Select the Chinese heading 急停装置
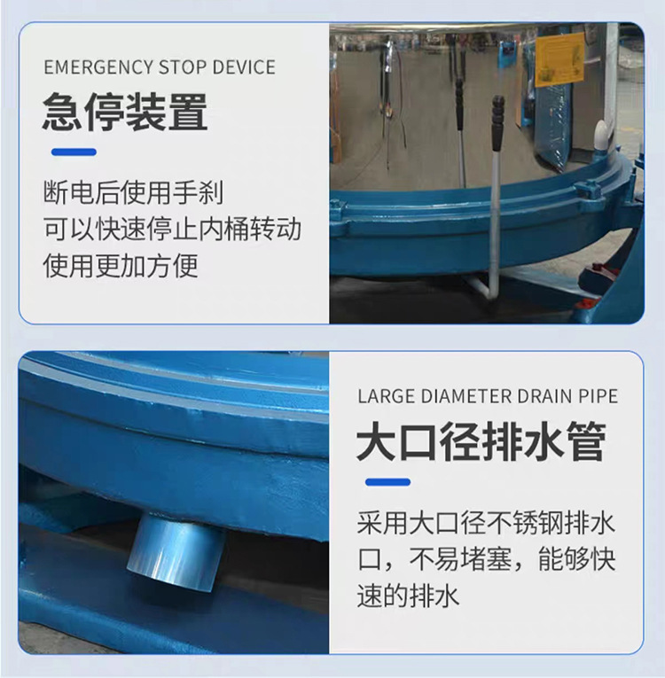[x=125, y=113]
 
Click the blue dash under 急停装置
[x=74, y=152]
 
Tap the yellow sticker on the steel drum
[x=560, y=58]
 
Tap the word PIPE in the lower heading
[x=598, y=396]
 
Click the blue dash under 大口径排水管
[x=387, y=483]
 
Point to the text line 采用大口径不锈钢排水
[x=486, y=523]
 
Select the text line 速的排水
[x=409, y=596]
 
